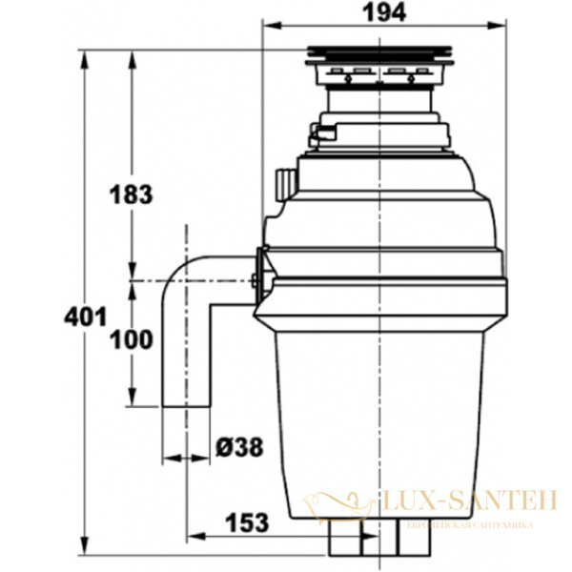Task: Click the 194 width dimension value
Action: (x=383, y=12)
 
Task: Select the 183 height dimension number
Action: (x=132, y=194)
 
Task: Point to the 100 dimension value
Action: (x=132, y=340)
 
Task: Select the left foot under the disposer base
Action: (x=343, y=543)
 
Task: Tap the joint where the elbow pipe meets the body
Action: (x=258, y=270)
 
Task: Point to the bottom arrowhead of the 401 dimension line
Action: (x=87, y=552)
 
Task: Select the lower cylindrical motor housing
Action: (x=381, y=419)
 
